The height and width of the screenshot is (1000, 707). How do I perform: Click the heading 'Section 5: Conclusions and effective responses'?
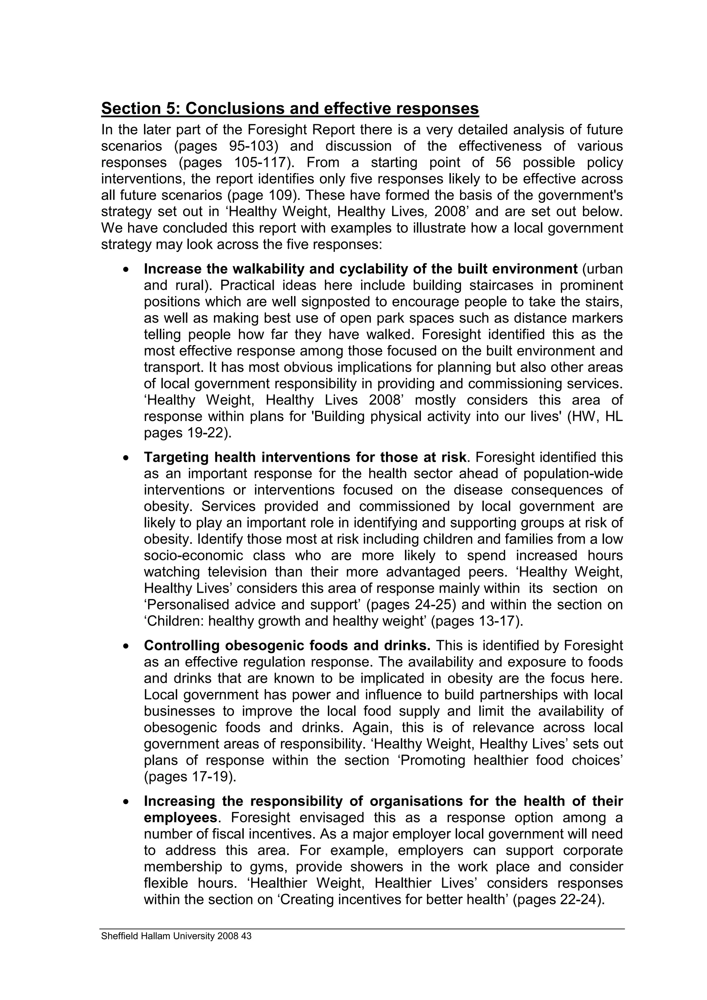290,108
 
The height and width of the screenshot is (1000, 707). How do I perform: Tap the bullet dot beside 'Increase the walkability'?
126,270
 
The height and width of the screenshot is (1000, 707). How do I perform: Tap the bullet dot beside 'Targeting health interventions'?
126,458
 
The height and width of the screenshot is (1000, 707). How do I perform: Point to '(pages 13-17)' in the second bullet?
476,621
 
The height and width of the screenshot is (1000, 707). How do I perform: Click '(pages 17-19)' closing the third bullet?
190,777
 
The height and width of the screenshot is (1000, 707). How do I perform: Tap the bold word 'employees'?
180,818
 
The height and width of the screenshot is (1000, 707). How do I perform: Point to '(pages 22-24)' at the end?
559,900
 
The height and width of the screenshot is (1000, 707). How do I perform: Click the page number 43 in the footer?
246,936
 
